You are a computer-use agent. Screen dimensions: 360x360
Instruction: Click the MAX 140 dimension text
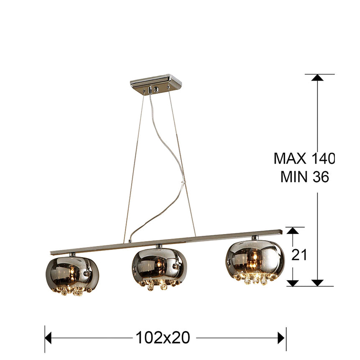coord(304,158)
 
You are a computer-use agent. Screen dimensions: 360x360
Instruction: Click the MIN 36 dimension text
coord(304,177)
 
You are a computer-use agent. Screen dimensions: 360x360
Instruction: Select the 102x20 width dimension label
coord(163,337)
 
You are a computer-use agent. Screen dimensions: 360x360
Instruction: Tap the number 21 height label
coord(299,255)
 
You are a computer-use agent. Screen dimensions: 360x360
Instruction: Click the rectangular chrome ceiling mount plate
coord(156,83)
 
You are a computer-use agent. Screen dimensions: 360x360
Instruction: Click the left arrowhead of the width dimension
coord(49,337)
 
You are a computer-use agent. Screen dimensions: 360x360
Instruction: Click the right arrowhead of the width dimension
coord(282,337)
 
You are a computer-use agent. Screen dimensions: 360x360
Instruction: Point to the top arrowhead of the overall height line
coord(318,78)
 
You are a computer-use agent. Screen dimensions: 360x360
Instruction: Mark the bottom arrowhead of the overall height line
coord(318,283)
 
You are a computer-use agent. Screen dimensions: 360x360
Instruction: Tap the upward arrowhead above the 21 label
coord(293,231)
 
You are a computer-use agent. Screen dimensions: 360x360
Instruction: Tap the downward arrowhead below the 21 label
coord(293,283)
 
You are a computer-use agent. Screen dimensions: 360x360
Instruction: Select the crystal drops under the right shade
coord(253,280)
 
